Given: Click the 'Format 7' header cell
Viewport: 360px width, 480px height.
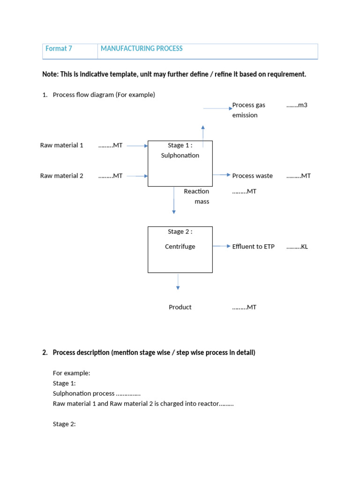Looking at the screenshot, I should point(59,49).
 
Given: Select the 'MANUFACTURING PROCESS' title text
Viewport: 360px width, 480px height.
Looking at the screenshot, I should point(142,49).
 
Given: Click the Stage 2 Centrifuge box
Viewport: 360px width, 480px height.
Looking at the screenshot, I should point(180,249).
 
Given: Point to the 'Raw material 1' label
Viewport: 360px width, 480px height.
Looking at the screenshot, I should point(62,145).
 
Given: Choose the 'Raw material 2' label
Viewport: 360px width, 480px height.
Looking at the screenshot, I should point(62,176).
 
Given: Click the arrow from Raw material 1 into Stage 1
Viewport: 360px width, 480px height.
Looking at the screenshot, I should point(137,146).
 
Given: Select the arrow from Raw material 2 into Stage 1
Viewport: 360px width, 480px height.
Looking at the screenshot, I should point(137,176).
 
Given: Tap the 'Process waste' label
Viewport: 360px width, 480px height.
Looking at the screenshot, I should point(252,176).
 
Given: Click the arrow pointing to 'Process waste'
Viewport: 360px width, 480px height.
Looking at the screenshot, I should point(222,175).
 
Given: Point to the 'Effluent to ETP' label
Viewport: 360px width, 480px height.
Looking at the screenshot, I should point(253,247).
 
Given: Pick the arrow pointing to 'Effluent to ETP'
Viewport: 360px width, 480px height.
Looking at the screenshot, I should point(222,246).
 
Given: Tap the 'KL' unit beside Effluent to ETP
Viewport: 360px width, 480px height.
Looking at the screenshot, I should point(304,247).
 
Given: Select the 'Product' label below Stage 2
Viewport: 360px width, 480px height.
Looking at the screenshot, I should point(180,307).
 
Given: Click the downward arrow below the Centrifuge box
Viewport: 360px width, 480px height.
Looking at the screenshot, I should point(178,282).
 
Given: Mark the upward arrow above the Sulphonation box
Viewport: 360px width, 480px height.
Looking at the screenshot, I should point(202,133).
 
